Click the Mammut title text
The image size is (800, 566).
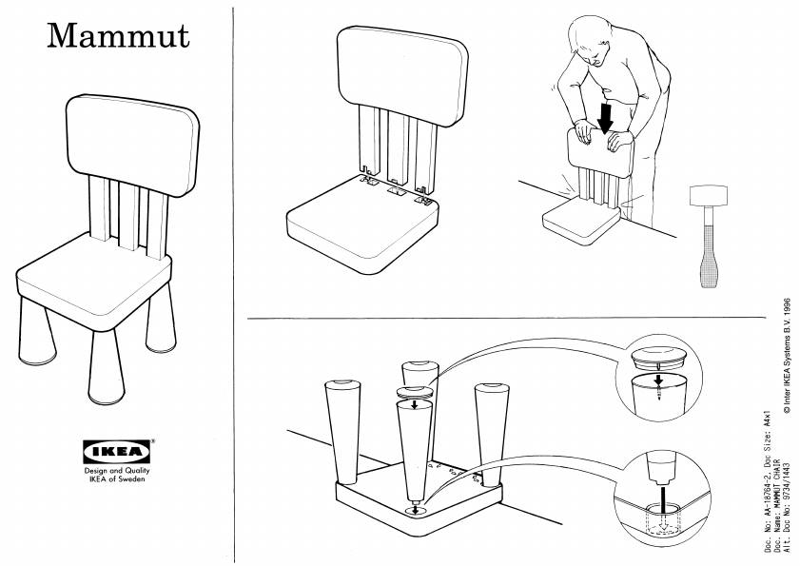click(x=118, y=36)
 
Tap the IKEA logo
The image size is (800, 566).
click(x=117, y=452)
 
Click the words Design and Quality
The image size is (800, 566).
click(x=117, y=471)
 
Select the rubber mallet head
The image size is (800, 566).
click(x=708, y=195)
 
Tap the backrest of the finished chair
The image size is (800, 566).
click(x=132, y=145)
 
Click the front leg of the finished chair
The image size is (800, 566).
click(x=107, y=366)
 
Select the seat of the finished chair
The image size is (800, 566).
click(x=94, y=279)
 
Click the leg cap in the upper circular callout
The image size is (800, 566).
click(x=658, y=358)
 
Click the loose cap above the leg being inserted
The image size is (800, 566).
click(x=415, y=392)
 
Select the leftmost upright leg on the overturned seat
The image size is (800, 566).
click(x=342, y=432)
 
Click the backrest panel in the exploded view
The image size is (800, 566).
click(x=402, y=75)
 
